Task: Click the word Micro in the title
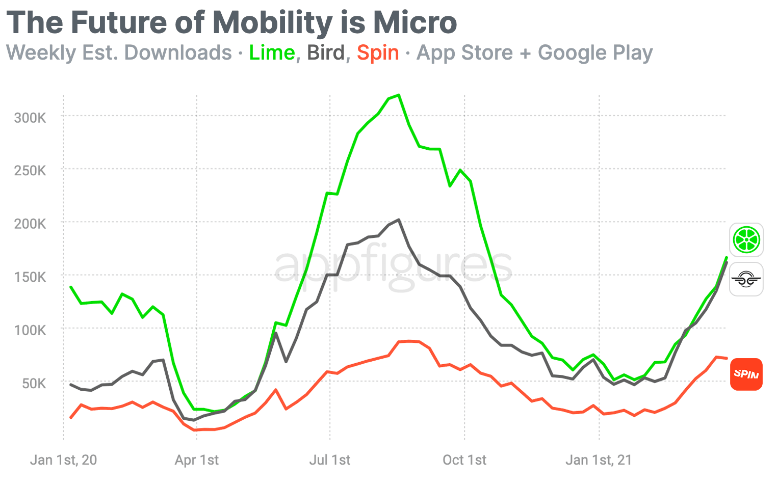pos(415,22)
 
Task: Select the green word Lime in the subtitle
pos(272,53)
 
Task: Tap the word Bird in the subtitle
pos(326,53)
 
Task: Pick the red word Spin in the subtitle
pos(378,53)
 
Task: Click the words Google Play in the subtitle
pos(595,53)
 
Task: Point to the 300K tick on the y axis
pos(30,118)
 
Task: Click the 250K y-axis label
pos(30,171)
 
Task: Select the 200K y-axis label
pos(30,224)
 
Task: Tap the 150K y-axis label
pos(30,277)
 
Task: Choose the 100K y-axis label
pos(30,330)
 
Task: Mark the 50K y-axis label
pos(34,383)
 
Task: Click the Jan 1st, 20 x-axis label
pos(63,460)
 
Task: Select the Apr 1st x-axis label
pos(197,460)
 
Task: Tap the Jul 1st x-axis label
pos(330,460)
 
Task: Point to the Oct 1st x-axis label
pos(464,460)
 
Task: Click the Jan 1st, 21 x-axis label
pos(599,460)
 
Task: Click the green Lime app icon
pos(746,240)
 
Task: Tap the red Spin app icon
pos(746,374)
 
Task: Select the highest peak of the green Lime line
pos(399,95)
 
